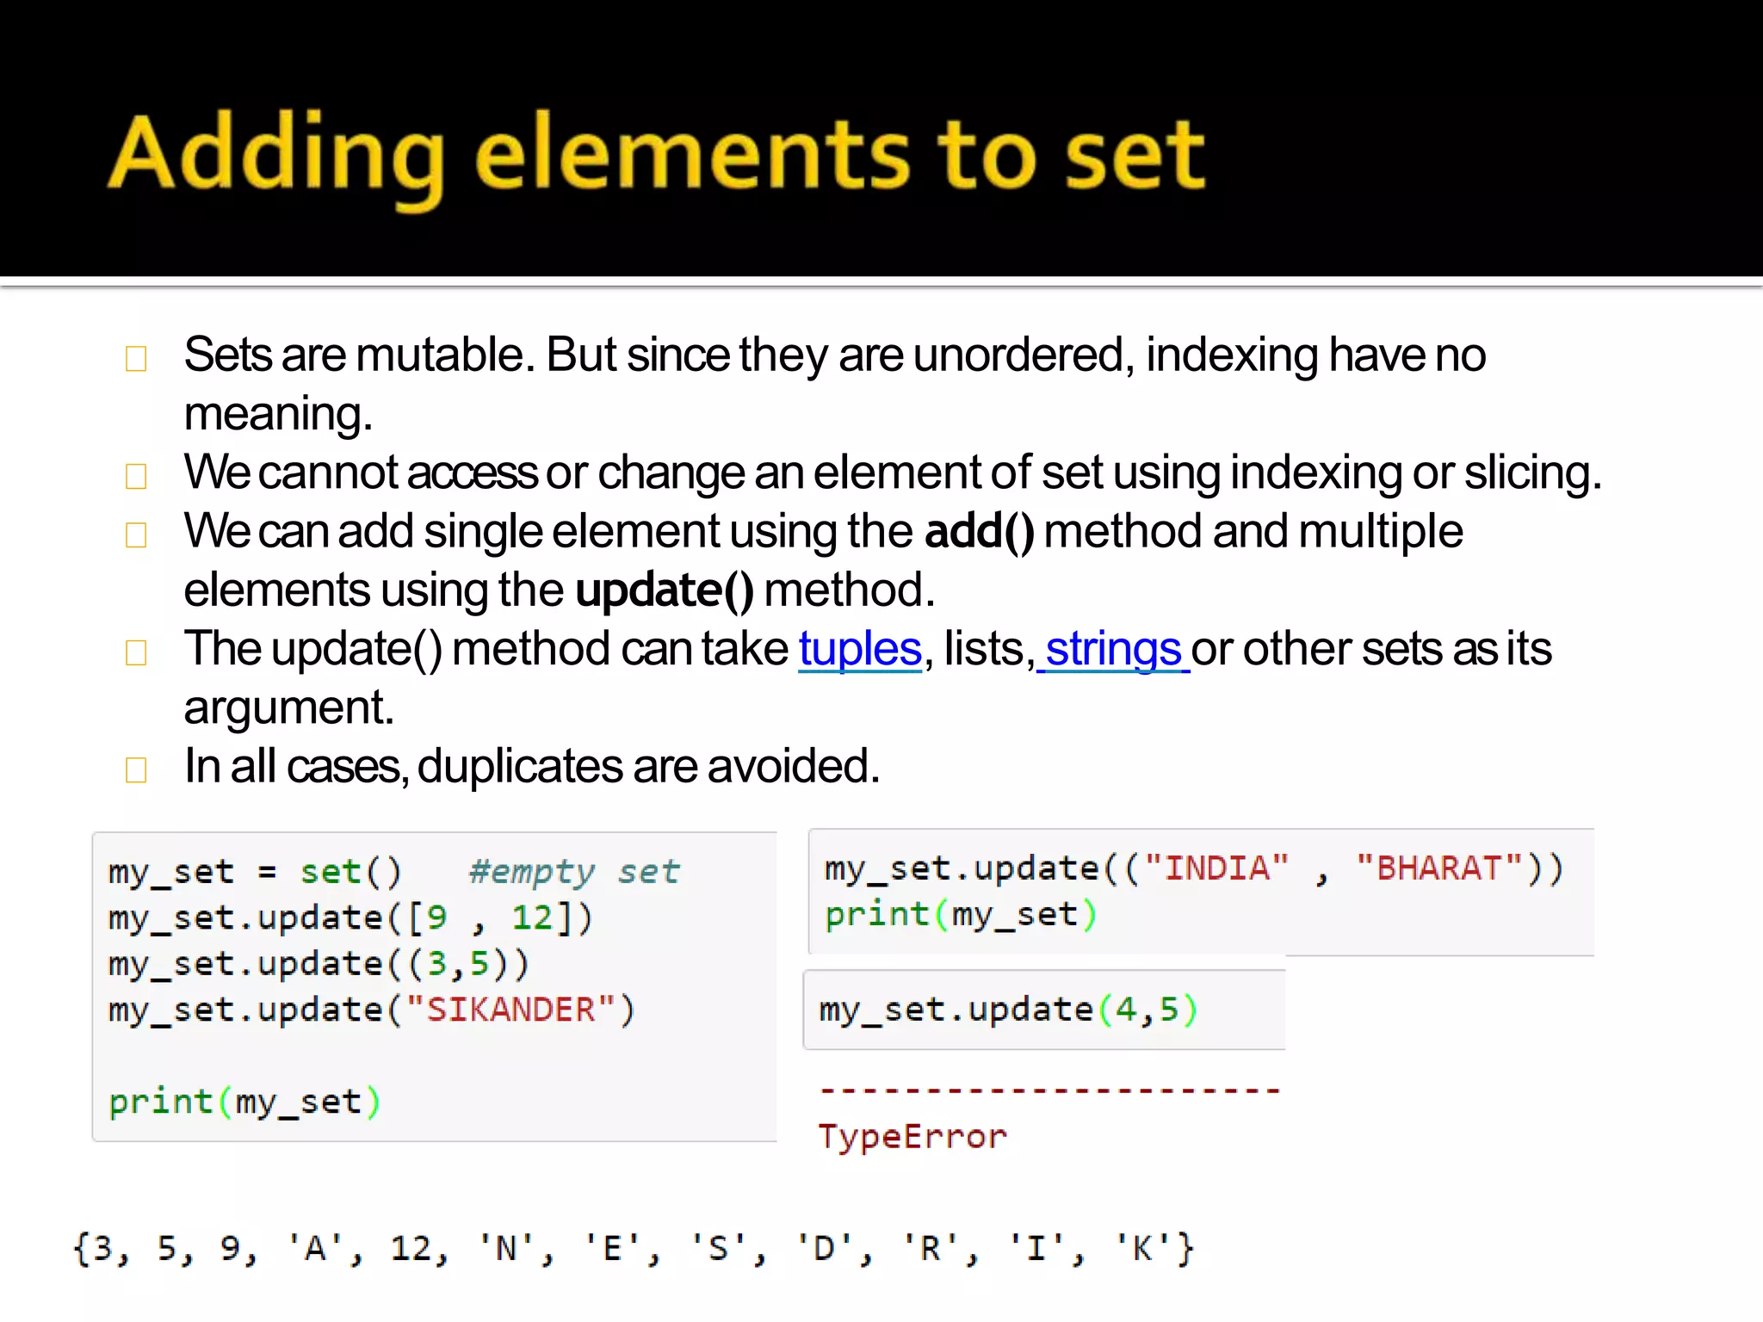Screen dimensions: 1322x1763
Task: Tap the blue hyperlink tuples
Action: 860,649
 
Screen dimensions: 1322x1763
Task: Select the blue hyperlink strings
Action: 1113,649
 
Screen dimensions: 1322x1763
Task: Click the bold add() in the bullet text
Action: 979,531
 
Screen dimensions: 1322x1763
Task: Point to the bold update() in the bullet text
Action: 664,590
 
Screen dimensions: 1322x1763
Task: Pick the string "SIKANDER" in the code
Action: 510,1010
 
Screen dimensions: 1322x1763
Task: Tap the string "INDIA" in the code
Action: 1216,868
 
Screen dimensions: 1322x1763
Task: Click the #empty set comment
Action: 574,873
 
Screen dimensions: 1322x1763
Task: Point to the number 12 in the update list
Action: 531,918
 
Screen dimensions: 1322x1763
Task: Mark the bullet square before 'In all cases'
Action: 136,769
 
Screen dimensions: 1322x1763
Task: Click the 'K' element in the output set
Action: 1142,1248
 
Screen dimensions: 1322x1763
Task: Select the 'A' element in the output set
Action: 315,1248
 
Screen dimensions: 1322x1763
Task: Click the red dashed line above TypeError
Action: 1049,1091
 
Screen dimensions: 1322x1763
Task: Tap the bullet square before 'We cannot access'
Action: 136,476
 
